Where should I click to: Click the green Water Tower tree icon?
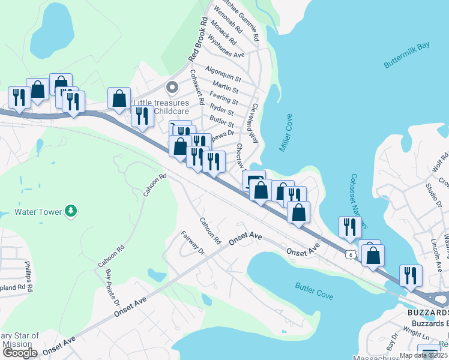point(71,211)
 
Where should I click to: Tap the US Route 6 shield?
point(350,254)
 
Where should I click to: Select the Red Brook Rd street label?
point(197,39)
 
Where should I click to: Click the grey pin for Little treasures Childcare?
point(172,88)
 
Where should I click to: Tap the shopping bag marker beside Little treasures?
point(119,98)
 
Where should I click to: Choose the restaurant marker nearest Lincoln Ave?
point(411,275)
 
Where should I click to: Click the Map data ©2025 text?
point(424,355)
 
